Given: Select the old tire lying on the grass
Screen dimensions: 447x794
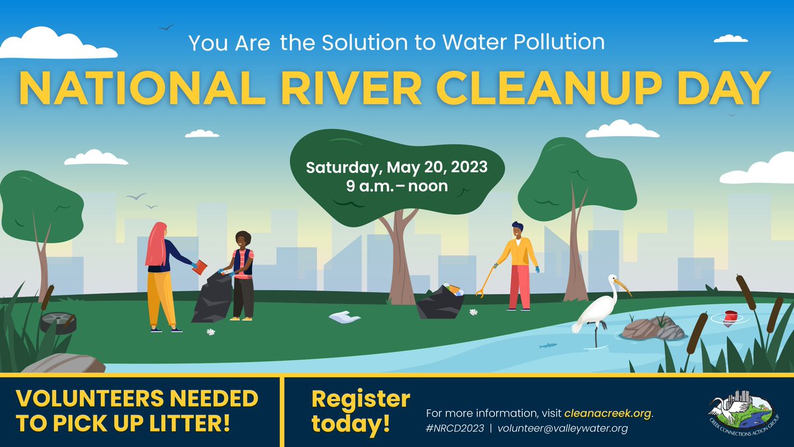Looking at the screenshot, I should point(58,322).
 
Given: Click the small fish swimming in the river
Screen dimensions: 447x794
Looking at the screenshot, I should point(547,345).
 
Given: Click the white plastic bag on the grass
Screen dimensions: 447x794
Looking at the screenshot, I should point(344,317).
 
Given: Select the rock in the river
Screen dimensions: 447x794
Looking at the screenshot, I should point(652,328).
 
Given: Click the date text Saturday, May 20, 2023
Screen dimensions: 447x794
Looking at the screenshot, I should point(396,167).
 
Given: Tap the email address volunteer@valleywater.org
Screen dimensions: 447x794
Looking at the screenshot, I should point(562,428).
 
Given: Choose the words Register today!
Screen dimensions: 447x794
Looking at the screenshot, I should point(361,412).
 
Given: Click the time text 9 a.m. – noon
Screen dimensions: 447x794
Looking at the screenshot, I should point(396,186).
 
